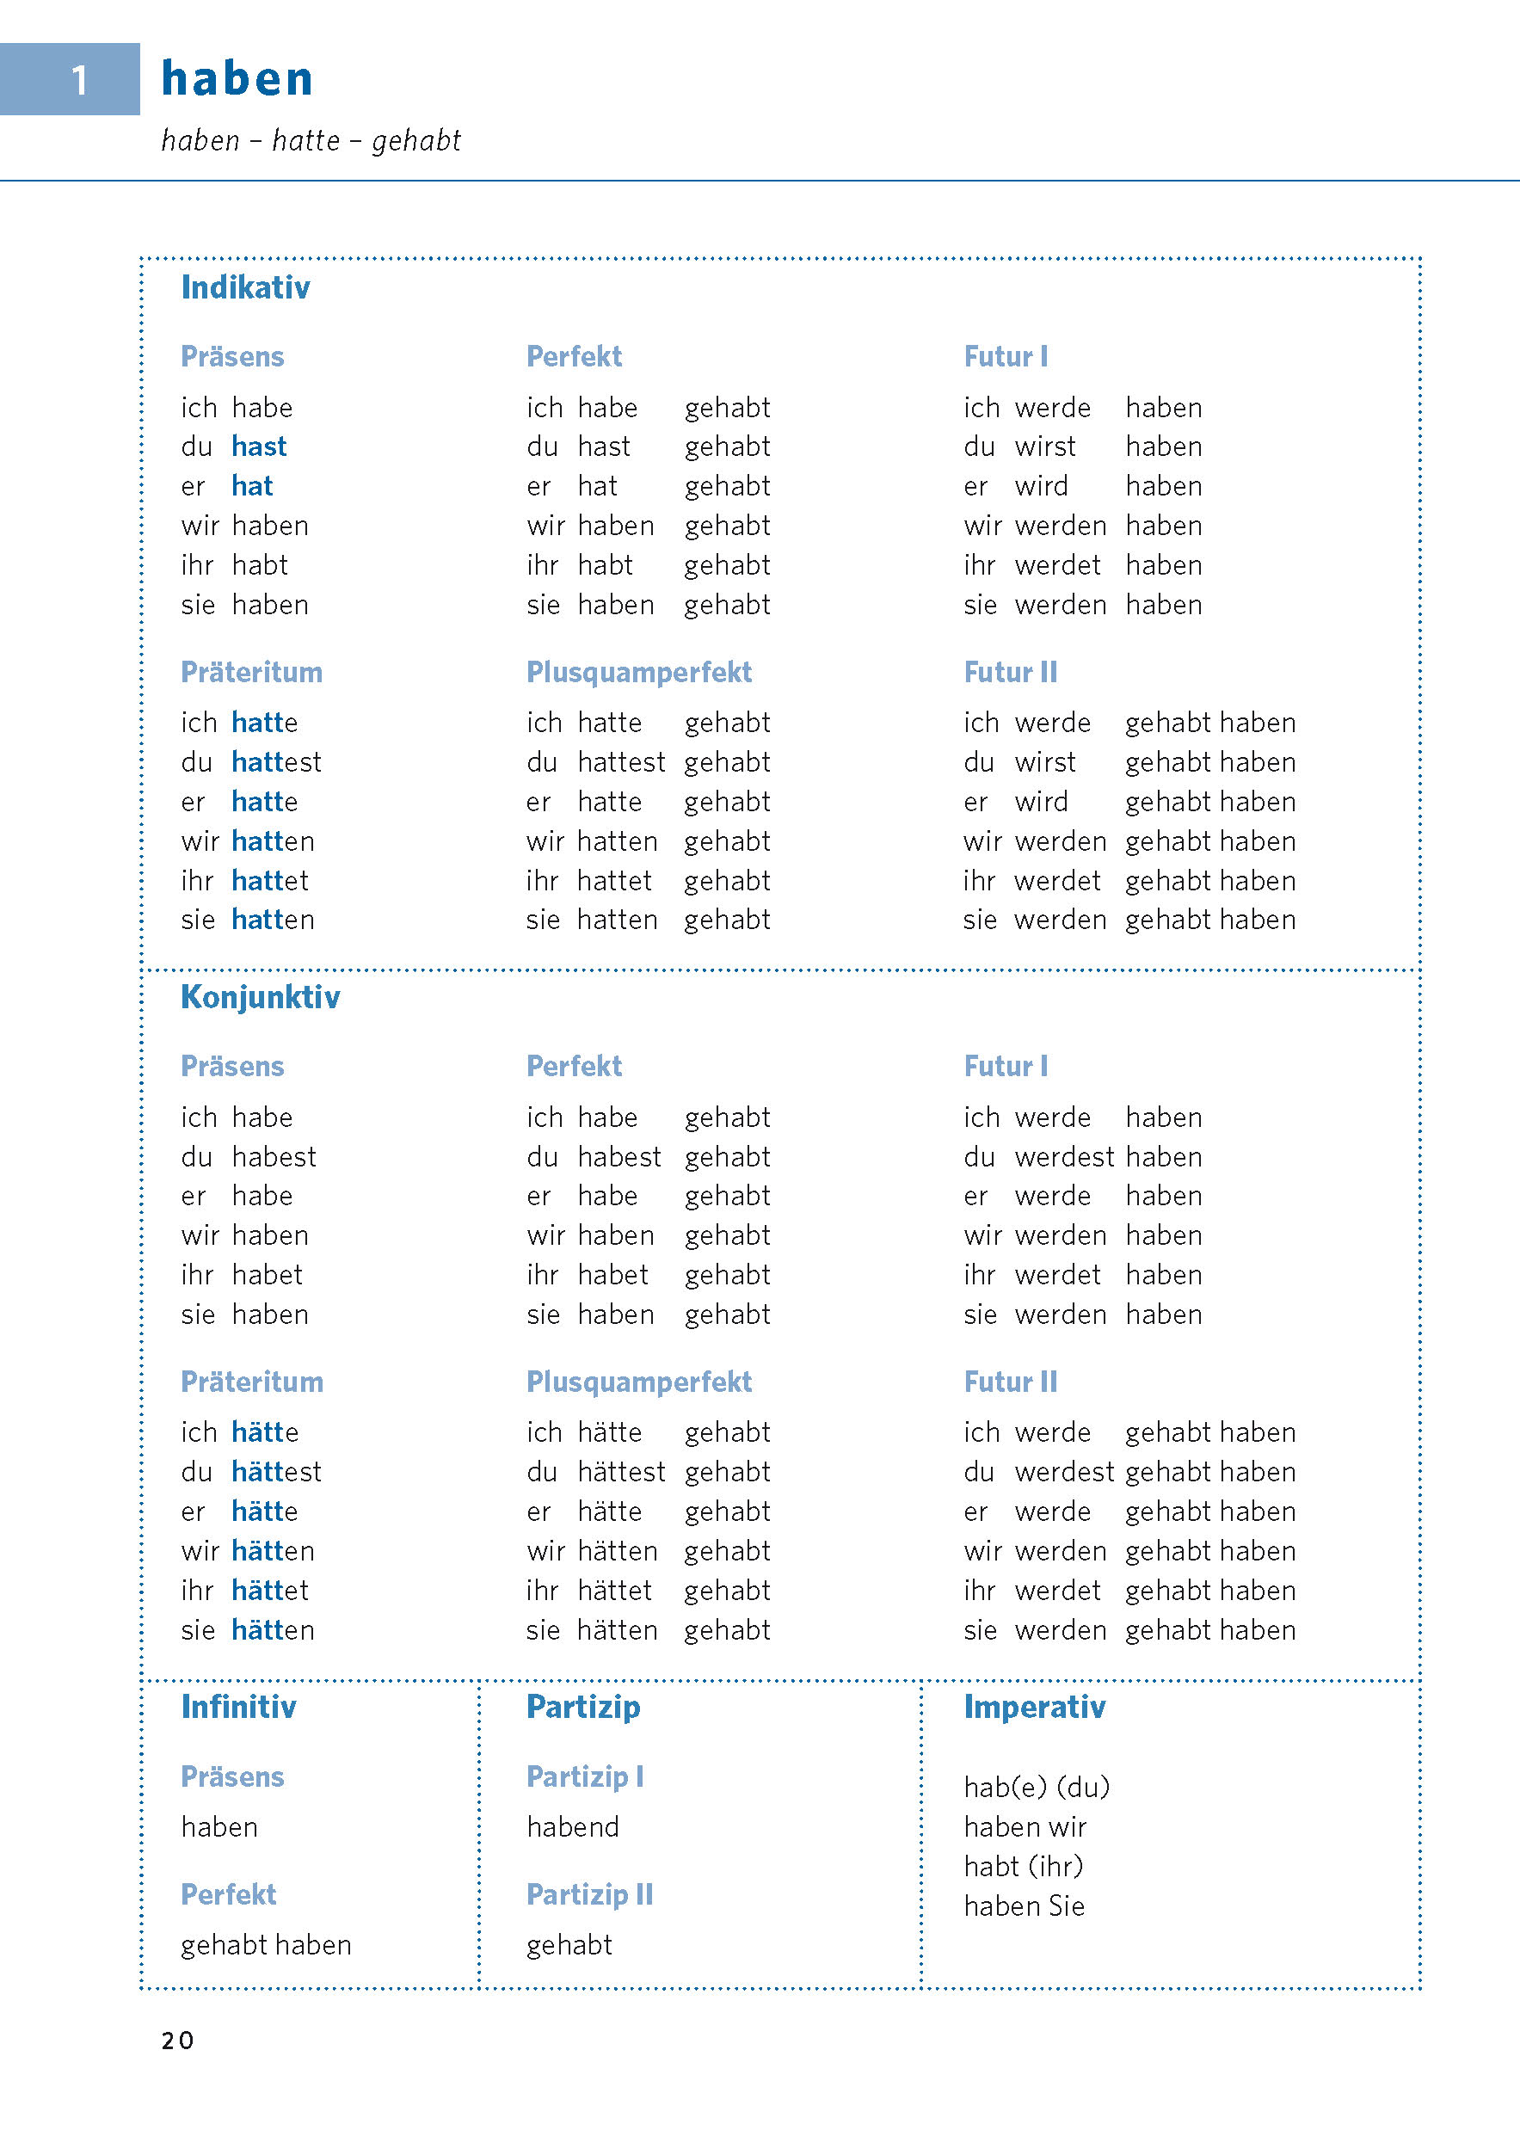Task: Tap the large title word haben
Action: pos(237,78)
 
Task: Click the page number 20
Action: pos(177,2041)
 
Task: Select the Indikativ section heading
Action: pos(245,287)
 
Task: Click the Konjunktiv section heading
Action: pos(260,997)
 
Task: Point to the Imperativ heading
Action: pos(1034,1707)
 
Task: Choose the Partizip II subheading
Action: pos(588,1894)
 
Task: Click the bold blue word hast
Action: pos(258,446)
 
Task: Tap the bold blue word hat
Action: pos(252,486)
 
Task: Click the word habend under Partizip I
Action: pos(573,1827)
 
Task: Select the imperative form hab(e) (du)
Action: pos(1036,1788)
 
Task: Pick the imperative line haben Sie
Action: pos(1024,1906)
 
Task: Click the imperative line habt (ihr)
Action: pos(1023,1866)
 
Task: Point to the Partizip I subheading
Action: pos(584,1776)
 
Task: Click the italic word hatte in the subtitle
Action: pos(306,140)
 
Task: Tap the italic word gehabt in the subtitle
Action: pos(416,140)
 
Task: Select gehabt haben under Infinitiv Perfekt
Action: pos(266,1945)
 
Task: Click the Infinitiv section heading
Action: pos(238,1707)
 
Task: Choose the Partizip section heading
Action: pos(583,1707)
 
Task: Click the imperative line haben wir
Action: pos(1025,1827)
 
